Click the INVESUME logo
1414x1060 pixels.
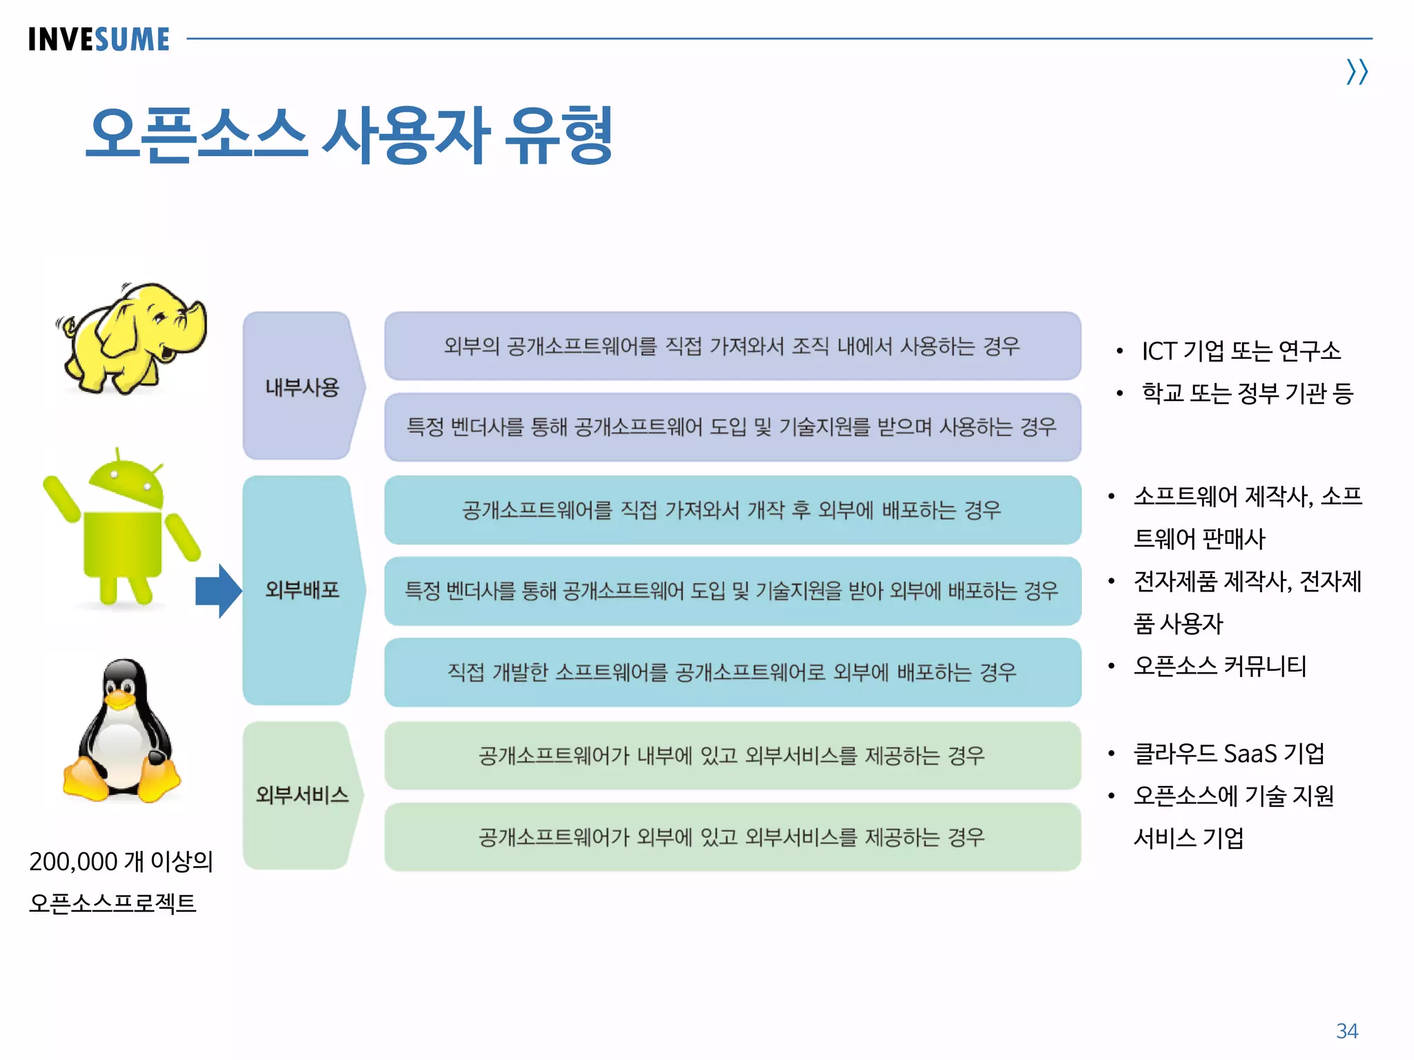(x=99, y=39)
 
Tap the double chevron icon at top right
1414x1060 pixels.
(x=1357, y=72)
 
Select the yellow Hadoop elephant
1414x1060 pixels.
(x=135, y=338)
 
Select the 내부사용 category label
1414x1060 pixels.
(x=302, y=387)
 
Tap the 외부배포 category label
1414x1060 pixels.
(x=302, y=590)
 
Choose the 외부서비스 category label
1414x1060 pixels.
(x=302, y=795)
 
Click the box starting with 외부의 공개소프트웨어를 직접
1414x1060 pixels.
(x=732, y=346)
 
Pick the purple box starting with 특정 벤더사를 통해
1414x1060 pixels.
(x=732, y=427)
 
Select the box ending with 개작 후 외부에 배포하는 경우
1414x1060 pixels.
(x=732, y=510)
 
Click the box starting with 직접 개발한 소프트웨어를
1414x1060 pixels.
(x=732, y=672)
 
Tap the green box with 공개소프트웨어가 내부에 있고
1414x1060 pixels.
(x=732, y=756)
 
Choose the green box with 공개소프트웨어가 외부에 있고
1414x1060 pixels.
(x=732, y=837)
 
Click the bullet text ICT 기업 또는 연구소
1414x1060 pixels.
(x=1240, y=351)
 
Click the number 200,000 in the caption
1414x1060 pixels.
(x=73, y=862)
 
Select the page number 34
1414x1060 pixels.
(x=1346, y=1031)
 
